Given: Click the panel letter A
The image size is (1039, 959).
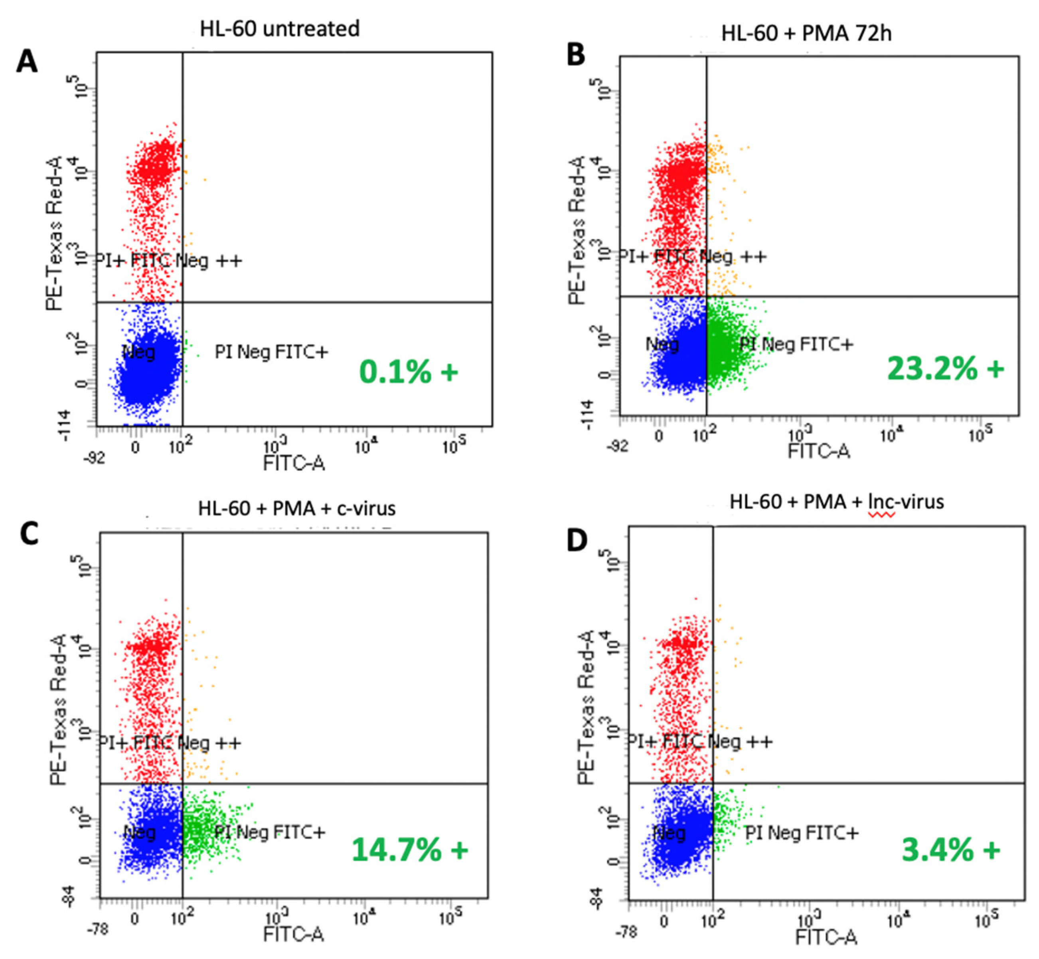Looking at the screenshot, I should click(x=28, y=62).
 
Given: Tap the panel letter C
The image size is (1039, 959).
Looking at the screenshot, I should click(x=30, y=533).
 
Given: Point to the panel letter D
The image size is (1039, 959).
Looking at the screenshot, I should click(x=577, y=540).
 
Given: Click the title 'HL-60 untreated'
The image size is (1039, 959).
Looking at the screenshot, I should click(x=280, y=28).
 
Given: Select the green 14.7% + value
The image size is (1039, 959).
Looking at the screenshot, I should click(x=409, y=850).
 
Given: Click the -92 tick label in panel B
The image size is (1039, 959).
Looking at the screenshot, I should click(x=618, y=446).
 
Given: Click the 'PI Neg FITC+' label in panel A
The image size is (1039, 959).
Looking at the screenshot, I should click(x=271, y=353).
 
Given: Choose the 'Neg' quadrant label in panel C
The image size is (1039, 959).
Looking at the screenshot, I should click(x=140, y=832).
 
